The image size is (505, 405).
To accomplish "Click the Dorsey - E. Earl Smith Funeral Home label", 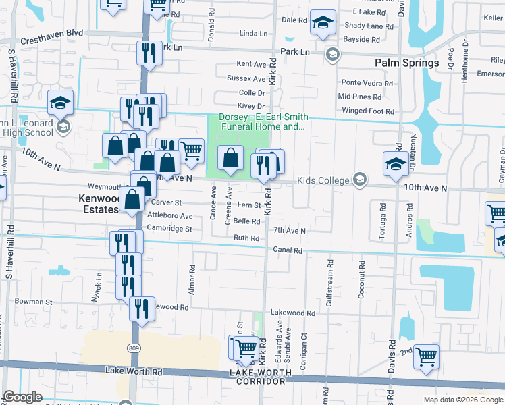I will pyautogui.click(x=261, y=122).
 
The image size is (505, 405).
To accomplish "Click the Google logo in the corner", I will pyautogui.click(x=23, y=397).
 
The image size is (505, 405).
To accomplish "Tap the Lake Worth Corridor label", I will pyautogui.click(x=261, y=377).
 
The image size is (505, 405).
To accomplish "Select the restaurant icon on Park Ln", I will pyautogui.click(x=149, y=52).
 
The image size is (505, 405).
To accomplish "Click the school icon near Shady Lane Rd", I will pyautogui.click(x=323, y=22).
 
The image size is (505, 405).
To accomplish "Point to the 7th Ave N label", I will pyautogui.click(x=290, y=231).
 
